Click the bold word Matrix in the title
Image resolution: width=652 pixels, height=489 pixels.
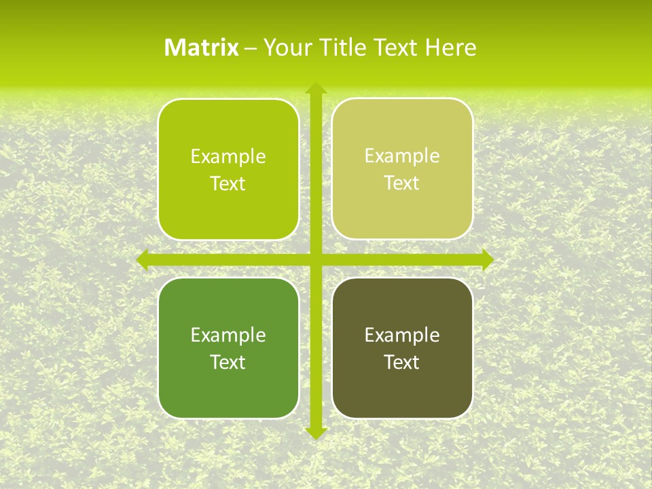point(202,48)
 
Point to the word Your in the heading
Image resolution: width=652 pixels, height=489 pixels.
point(287,48)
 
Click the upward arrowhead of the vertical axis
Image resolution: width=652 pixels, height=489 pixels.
point(316,88)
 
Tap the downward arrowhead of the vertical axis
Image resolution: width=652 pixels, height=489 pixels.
point(316,433)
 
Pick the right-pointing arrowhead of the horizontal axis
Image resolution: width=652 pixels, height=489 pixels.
point(488,259)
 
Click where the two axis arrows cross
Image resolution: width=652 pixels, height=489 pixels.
point(316,259)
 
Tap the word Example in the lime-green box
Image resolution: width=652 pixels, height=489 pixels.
point(228,157)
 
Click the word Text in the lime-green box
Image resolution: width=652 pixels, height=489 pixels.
point(228,184)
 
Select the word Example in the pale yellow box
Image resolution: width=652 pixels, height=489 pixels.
point(402,156)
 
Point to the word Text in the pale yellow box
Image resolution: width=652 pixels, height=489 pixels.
point(402,183)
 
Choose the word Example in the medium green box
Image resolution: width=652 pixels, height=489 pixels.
point(228,335)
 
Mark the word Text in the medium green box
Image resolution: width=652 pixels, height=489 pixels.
point(228,362)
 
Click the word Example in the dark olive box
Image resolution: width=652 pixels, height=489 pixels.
point(402,335)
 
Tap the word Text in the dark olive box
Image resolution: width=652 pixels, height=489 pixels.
point(402,362)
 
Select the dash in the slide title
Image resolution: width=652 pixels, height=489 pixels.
point(251,48)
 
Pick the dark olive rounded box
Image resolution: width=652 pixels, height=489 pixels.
point(402,394)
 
